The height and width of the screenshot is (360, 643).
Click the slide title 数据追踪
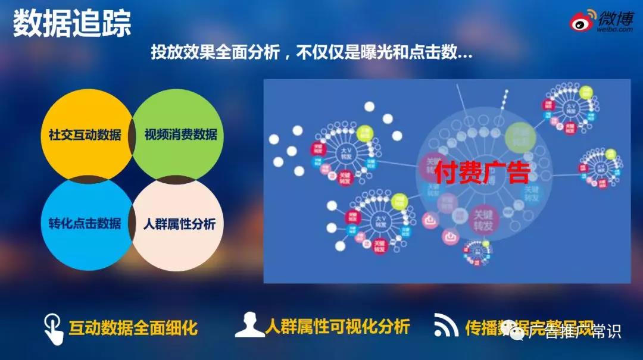click(x=72, y=24)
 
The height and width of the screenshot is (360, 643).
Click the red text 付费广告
click(x=482, y=173)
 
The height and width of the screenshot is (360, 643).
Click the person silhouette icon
click(x=249, y=326)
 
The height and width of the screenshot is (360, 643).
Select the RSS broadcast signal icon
click(x=446, y=325)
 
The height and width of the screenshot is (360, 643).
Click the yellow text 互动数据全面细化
click(x=133, y=328)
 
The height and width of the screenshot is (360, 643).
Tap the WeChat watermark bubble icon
click(x=511, y=329)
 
